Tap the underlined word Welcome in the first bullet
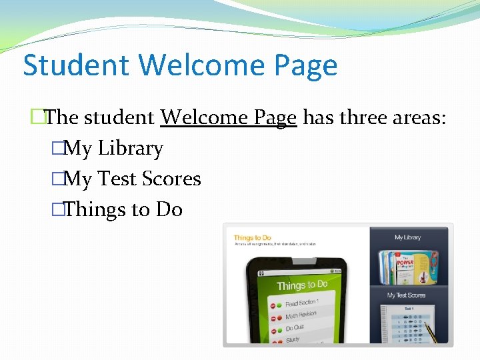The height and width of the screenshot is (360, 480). point(203,117)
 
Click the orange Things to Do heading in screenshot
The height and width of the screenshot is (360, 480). point(253,238)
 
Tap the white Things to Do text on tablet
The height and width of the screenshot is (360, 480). point(302,285)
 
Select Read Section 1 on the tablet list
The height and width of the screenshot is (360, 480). point(302,303)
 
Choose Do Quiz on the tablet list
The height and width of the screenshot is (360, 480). point(294,328)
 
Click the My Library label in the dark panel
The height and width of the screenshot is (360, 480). point(408,237)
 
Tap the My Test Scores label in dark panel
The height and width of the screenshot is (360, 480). point(407,295)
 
